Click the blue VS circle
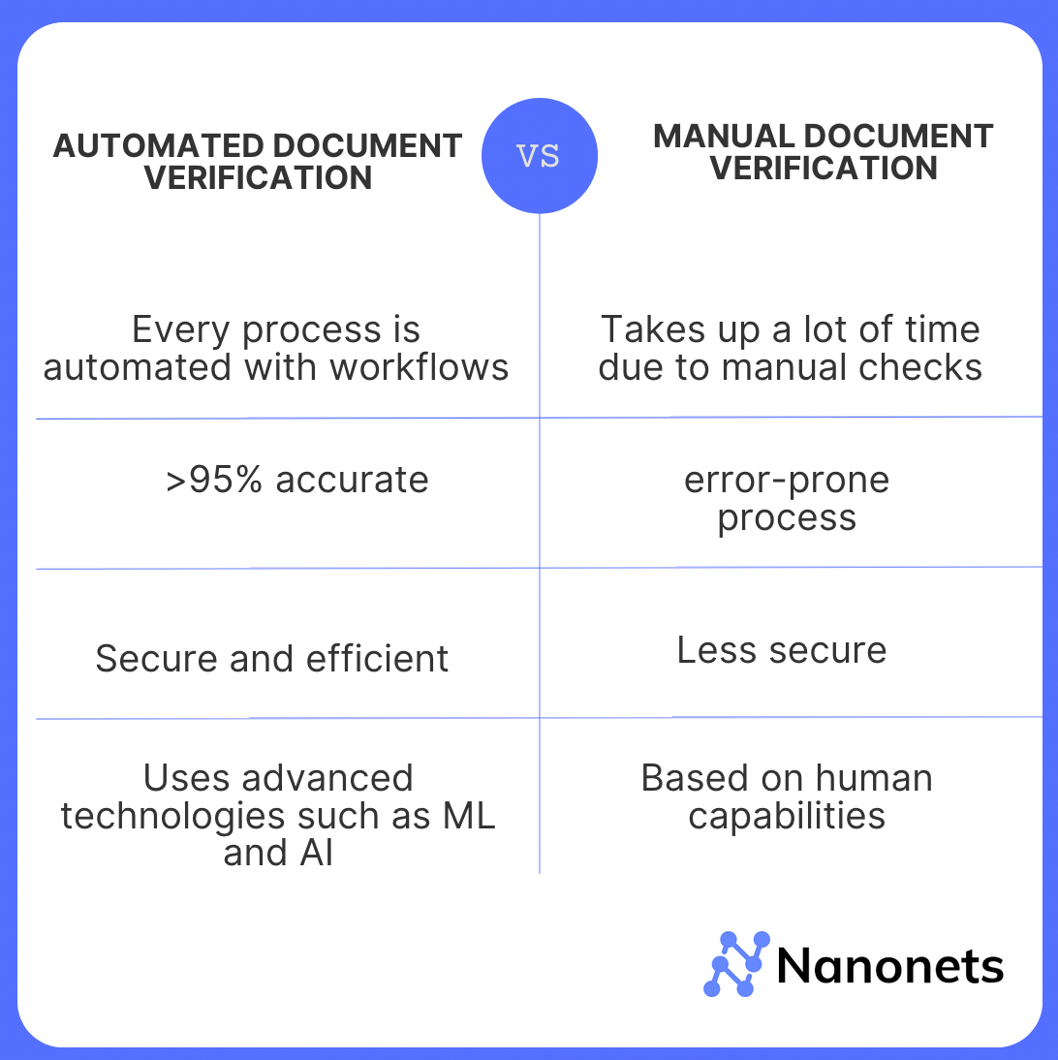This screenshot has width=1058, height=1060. [539, 156]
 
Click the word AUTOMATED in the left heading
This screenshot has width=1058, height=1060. [156, 146]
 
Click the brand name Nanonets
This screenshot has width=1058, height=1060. [889, 966]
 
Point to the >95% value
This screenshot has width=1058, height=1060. [214, 480]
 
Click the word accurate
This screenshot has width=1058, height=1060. [352, 480]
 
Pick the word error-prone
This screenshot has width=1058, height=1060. [787, 480]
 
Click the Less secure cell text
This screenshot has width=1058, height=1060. [782, 649]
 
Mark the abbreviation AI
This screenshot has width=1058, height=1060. [317, 854]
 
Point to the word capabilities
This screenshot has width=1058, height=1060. [787, 816]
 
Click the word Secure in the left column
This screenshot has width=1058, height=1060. [157, 659]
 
